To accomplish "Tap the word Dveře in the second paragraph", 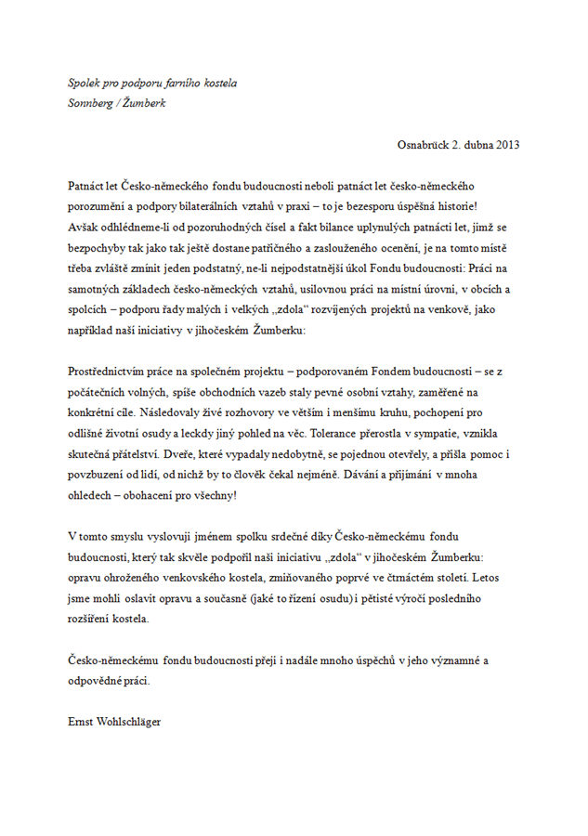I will tap(175, 454).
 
